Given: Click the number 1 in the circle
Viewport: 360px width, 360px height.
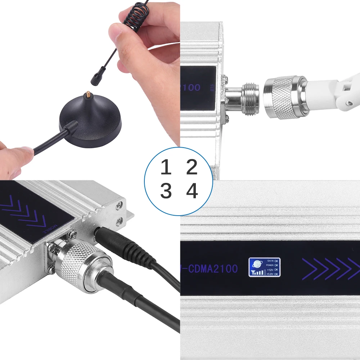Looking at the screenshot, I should click(166, 167).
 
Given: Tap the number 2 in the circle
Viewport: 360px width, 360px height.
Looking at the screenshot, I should click(192, 167).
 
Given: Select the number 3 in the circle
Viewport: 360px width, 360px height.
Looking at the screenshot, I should click(166, 191).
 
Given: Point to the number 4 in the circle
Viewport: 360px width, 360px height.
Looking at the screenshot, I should click(192, 191).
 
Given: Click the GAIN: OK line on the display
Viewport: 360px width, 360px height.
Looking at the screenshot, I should click(273, 260).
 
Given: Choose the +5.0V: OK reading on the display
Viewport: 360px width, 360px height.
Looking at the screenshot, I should click(272, 274).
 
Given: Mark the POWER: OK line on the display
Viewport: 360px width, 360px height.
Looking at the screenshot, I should click(273, 265).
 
